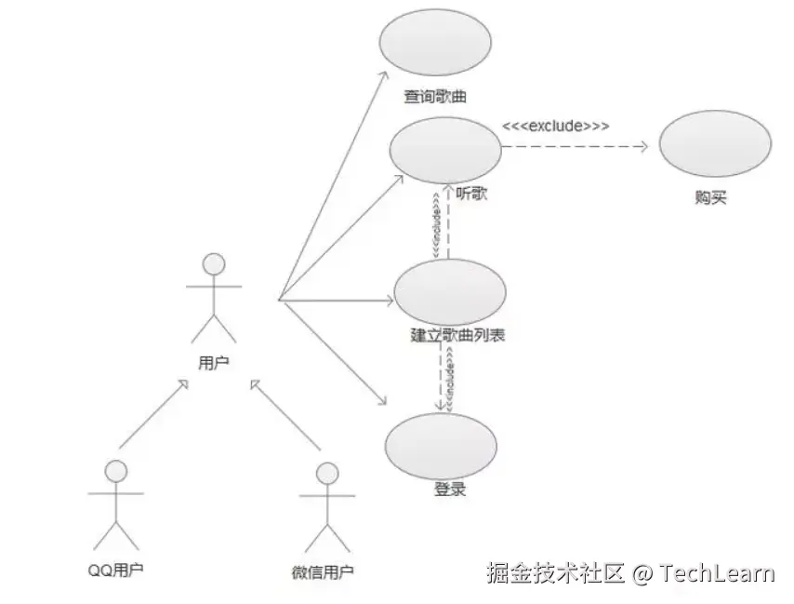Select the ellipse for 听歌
coord(444,149)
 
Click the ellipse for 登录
coord(441,446)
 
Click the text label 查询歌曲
coord(435,96)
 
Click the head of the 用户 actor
coord(215,263)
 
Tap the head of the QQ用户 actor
coord(115,471)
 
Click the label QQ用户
coord(116,570)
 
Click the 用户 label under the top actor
coord(213,362)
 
